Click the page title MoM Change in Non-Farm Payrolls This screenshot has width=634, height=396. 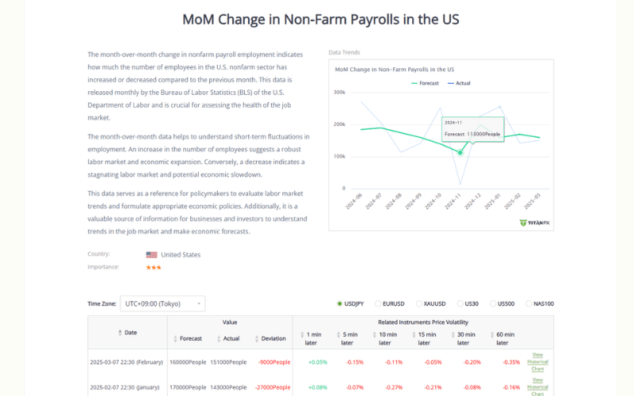(320, 19)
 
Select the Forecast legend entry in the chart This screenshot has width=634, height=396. (426, 83)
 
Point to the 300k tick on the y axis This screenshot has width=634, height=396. (338, 92)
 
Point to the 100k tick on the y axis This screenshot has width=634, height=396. (338, 156)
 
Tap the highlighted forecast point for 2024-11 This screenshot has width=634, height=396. (460, 152)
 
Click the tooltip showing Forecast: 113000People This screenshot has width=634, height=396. (472, 129)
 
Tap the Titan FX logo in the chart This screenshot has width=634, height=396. (535, 223)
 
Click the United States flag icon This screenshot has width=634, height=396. (151, 255)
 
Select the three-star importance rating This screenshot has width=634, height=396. (154, 268)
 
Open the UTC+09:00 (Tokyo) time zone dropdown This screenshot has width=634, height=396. (162, 303)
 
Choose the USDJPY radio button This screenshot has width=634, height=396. (340, 303)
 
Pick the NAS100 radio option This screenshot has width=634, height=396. (529, 303)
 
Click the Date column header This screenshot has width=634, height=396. (128, 333)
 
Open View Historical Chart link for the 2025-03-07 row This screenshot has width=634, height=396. (537, 361)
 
